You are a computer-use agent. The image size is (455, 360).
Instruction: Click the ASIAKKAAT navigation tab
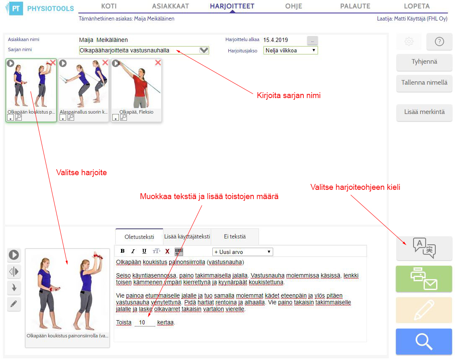click(x=171, y=6)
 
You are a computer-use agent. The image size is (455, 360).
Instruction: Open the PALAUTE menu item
click(x=355, y=6)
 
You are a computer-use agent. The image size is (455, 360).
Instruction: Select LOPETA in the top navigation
click(x=417, y=6)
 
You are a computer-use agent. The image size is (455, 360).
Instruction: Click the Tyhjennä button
click(x=424, y=62)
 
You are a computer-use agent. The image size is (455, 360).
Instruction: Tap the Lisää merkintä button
click(x=424, y=112)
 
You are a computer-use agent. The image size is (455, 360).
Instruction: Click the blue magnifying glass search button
click(x=424, y=342)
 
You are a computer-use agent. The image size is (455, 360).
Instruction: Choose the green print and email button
click(x=424, y=279)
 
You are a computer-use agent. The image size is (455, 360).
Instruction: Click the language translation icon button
click(x=424, y=248)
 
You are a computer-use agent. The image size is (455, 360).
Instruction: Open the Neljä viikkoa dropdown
click(x=290, y=50)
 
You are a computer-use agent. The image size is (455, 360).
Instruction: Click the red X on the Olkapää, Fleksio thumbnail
click(x=158, y=62)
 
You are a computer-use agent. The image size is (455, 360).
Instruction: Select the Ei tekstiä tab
click(x=235, y=237)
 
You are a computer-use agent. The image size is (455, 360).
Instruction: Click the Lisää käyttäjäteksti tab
click(x=187, y=237)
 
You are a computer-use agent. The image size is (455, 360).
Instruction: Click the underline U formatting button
click(x=144, y=251)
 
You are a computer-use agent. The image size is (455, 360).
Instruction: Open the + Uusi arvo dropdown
click(x=243, y=252)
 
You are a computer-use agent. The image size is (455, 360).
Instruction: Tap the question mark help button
click(x=439, y=41)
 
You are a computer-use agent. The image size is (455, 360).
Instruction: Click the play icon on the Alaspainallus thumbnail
click(x=63, y=63)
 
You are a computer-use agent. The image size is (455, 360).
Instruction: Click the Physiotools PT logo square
click(x=16, y=8)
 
